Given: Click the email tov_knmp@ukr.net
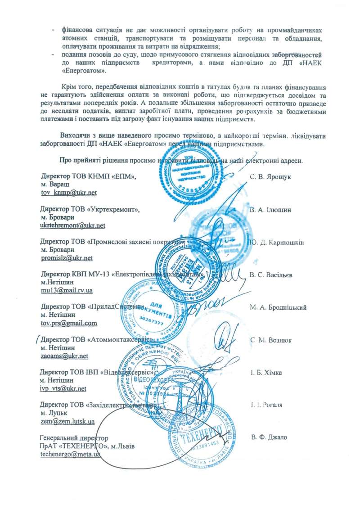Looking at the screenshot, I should pyautogui.click(x=68, y=193).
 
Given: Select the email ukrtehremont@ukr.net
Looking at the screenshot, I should pyautogui.click(x=72, y=225).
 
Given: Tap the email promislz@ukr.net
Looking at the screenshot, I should pyautogui.click(x=66, y=258).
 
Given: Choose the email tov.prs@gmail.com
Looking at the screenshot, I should pyautogui.click(x=68, y=323).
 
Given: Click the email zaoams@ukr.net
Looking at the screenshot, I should pyautogui.click(x=64, y=356).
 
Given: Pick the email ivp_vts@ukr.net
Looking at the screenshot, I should pyautogui.click(x=63, y=388).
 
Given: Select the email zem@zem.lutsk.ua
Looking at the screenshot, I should pyautogui.click(x=67, y=422).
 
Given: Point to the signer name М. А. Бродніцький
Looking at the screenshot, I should pyautogui.click(x=278, y=307).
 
